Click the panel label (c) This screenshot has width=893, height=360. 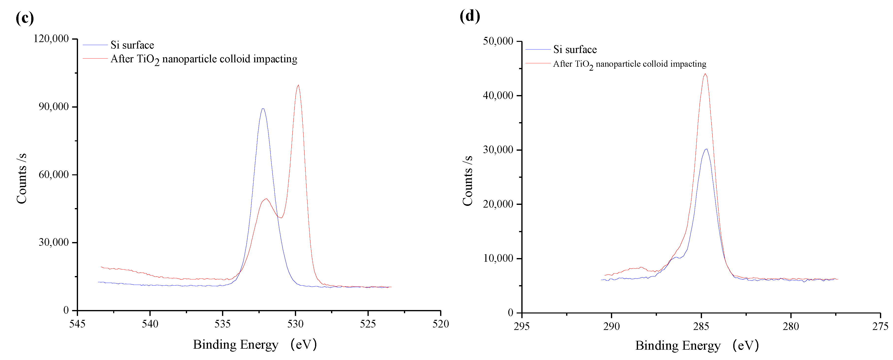point(25,18)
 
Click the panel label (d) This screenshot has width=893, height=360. point(470,16)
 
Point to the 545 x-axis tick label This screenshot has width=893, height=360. point(77,324)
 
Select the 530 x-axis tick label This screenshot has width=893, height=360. point(295,324)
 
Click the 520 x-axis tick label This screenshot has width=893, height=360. point(440,324)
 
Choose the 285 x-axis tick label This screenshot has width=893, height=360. point(701,326)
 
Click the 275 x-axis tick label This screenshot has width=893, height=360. point(880,326)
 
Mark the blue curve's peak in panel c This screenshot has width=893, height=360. point(263,109)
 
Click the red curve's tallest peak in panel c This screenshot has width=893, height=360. point(298,85)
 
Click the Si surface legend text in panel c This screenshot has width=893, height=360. point(132,45)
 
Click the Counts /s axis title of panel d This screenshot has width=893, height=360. point(468,180)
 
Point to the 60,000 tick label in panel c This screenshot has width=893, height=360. point(53,174)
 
